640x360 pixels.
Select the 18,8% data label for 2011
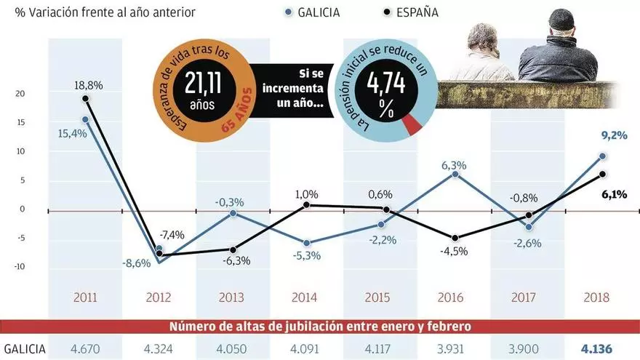coord(88,85)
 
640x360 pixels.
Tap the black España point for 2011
coord(86,98)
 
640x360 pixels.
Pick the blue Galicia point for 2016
coord(455,174)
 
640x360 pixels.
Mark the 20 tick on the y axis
coord(21,94)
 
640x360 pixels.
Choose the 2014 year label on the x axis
coord(304,297)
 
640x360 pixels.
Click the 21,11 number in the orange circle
coord(205,83)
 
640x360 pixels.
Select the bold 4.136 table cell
coord(598,348)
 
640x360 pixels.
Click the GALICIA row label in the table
coord(25,348)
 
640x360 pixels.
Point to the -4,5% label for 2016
coord(455,252)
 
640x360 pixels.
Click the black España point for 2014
coord(307,205)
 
